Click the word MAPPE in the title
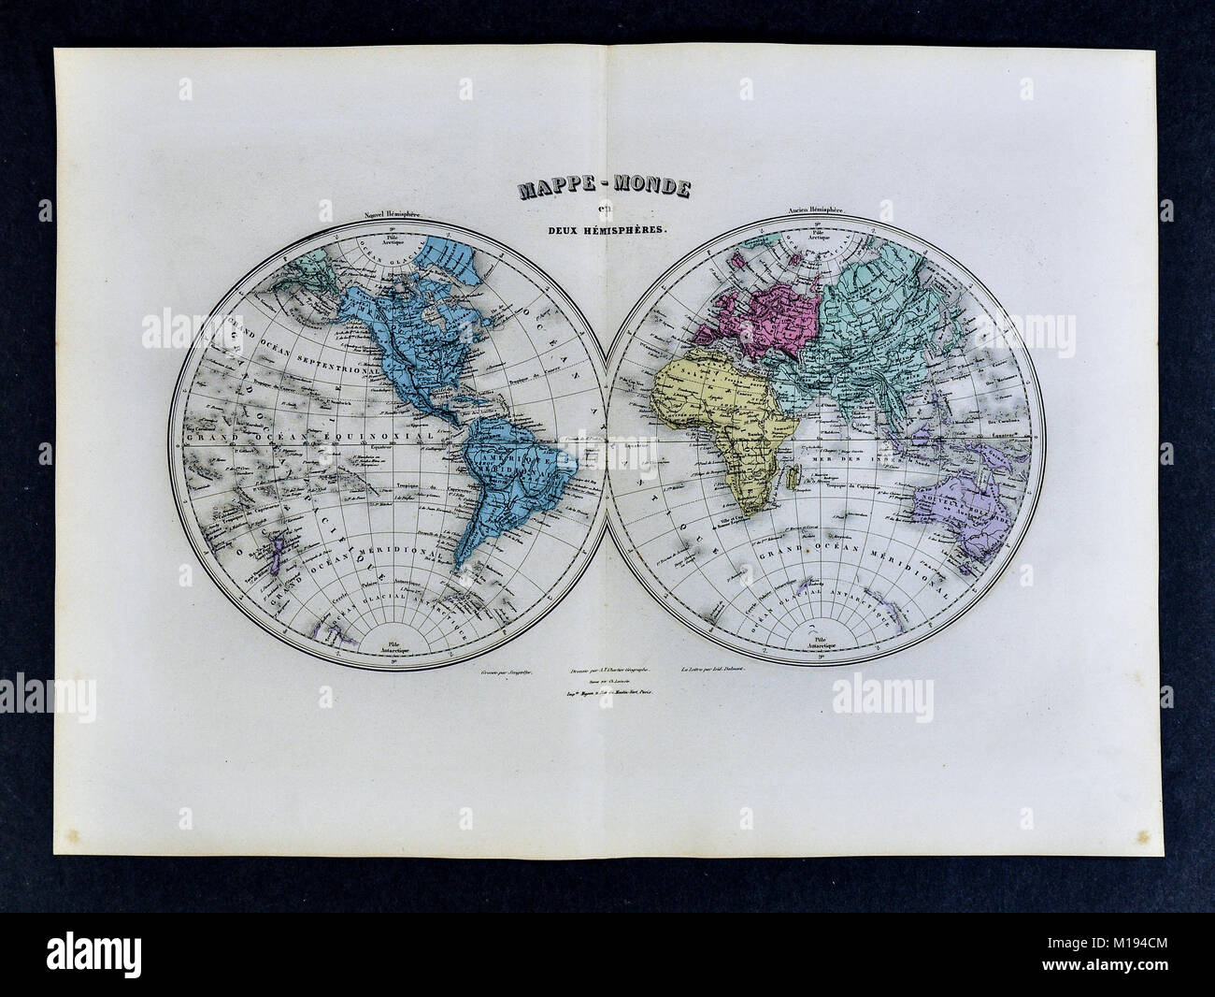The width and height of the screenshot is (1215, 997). click(552, 193)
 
